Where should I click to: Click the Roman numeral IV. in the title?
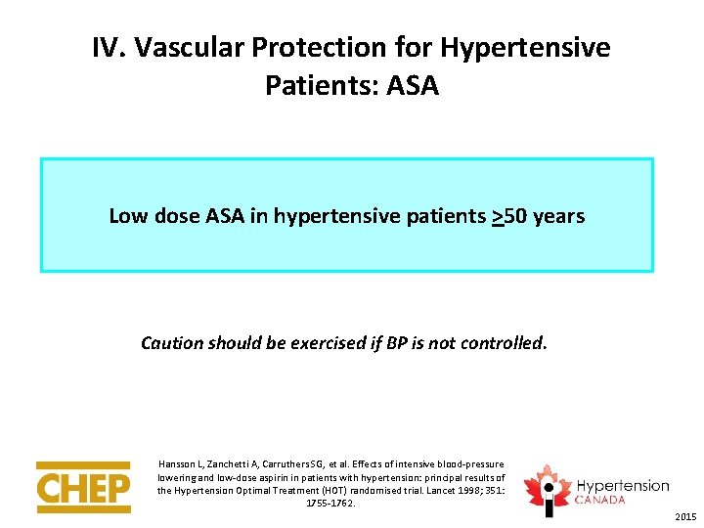pos(110,47)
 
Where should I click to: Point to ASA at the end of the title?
pos(413,85)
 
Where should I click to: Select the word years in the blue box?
pos(559,216)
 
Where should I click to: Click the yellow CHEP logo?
pos(83,486)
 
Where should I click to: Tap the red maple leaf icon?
pos(547,485)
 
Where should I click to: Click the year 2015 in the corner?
pos(685,516)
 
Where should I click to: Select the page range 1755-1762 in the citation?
pos(330,503)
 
